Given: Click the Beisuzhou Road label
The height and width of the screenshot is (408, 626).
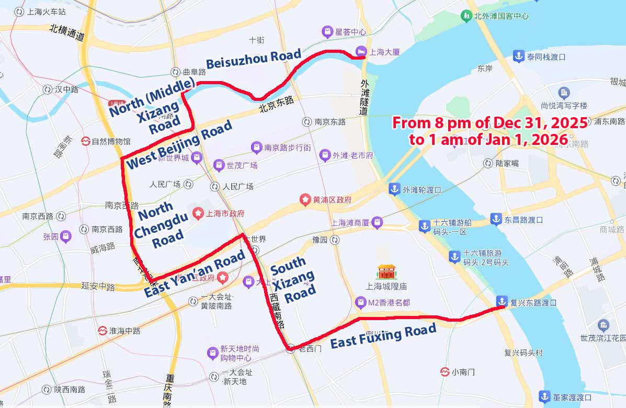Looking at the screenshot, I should point(254,59).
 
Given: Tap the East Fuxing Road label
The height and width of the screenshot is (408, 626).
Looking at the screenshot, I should point(383,336).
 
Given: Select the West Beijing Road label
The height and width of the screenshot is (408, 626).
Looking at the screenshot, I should point(179,145).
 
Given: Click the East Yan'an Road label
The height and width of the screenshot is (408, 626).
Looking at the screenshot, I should point(195,274).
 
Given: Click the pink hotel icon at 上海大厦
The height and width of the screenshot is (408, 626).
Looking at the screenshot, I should point(361,51).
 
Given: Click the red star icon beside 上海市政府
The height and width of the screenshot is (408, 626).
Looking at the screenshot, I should point(198,213).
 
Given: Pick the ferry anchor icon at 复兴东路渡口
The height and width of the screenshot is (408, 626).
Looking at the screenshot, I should point(502,302).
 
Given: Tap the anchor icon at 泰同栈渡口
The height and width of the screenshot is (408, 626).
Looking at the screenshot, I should point(518,56).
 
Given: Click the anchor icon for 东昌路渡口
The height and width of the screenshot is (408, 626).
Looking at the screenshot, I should point(496,219).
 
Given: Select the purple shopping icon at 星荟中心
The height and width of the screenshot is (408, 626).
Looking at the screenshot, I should point(327,31).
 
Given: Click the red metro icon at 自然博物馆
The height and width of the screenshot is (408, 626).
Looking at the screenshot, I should point(85,141).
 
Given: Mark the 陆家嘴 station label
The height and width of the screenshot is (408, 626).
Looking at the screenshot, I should point(507,163).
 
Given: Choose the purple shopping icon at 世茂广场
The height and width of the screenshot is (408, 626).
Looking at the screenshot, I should point(219,165).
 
